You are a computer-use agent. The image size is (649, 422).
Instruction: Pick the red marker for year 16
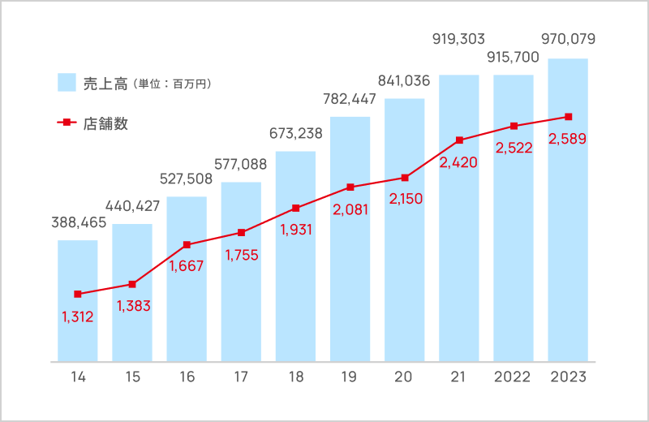[187, 244]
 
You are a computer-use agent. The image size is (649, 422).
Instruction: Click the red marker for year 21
[459, 140]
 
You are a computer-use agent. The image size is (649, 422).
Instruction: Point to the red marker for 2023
[568, 117]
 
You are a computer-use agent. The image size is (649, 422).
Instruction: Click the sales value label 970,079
[567, 38]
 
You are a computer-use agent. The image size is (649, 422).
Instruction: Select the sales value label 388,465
[77, 220]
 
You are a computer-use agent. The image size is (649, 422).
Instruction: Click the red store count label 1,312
[78, 316]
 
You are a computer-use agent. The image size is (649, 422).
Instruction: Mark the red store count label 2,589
[568, 139]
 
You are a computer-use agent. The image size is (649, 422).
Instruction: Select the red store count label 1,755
[241, 255]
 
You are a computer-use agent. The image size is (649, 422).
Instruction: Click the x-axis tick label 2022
[513, 377]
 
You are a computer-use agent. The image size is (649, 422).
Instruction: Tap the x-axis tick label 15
[132, 377]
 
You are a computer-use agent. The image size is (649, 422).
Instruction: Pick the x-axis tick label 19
[350, 377]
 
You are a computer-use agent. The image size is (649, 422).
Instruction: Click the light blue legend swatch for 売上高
[67, 83]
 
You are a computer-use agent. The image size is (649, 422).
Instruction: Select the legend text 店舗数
[105, 124]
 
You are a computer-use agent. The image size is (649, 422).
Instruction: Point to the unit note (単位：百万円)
[173, 84]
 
